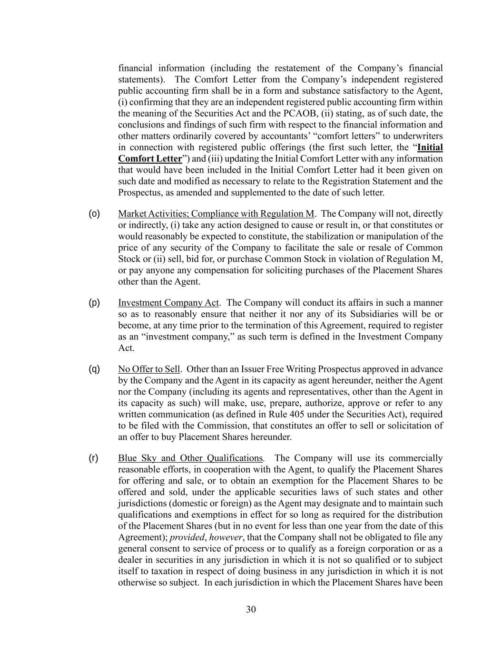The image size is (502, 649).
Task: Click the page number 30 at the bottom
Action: pos(251,610)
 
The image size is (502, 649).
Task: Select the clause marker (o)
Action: pos(94,213)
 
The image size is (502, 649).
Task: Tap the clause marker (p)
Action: pos(94,303)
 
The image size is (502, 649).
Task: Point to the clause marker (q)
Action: pos(94,369)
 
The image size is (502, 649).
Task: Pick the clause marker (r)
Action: pos(94,458)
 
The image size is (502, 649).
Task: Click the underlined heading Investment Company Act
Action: pos(168,303)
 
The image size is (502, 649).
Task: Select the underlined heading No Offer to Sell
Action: pos(149,369)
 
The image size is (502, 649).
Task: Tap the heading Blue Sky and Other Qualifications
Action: pos(190,458)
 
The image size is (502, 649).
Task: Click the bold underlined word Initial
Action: pos(430,147)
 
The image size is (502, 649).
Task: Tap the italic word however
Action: pos(226,538)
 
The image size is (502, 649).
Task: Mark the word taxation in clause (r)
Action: pos(154,572)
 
